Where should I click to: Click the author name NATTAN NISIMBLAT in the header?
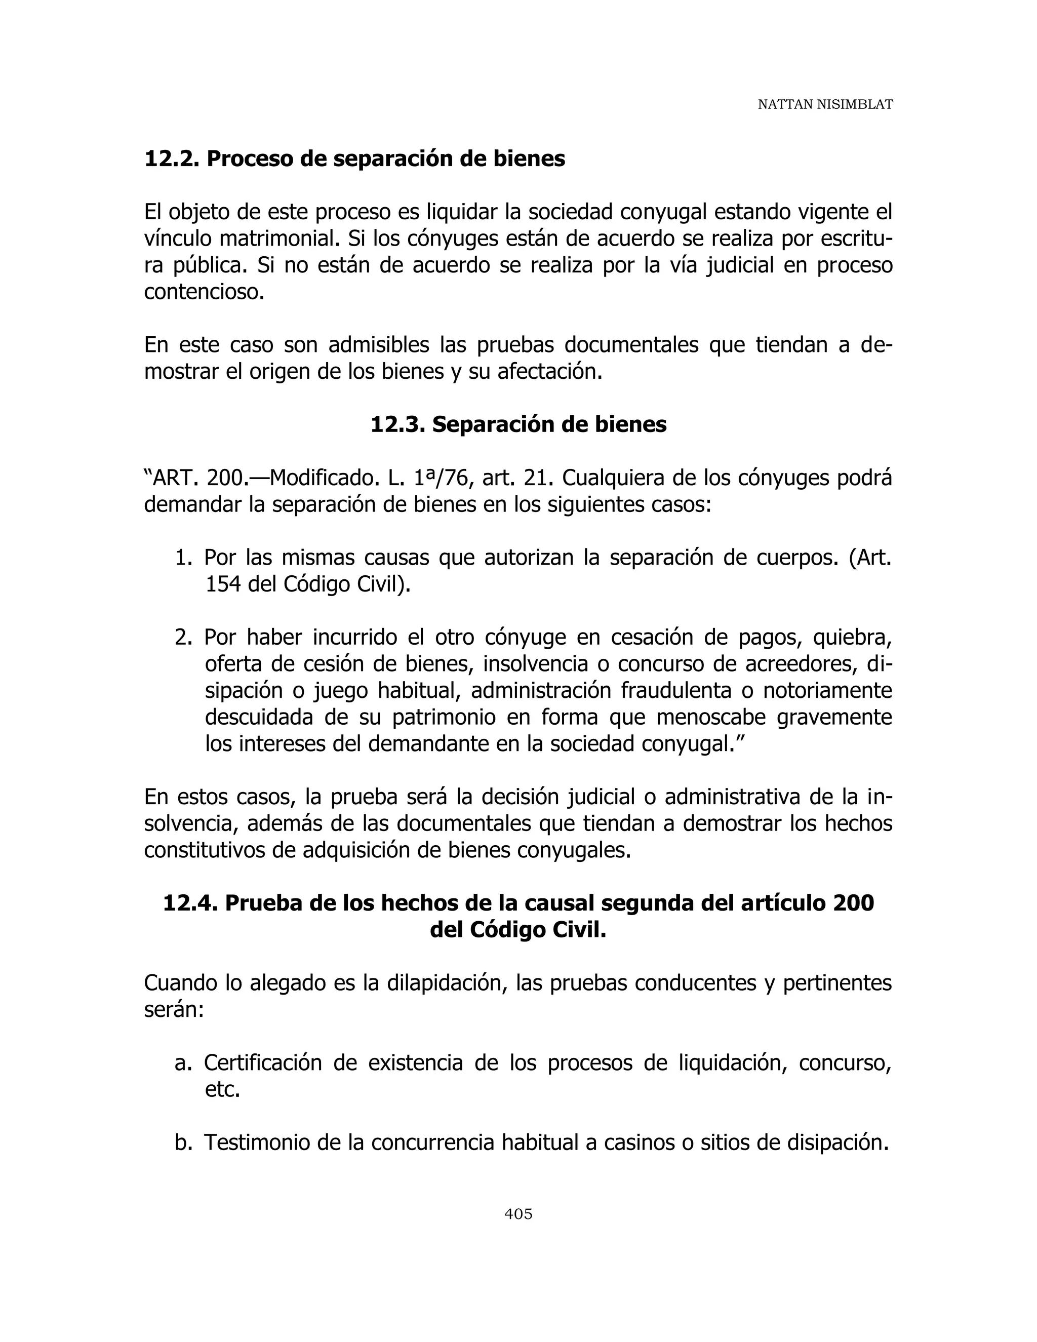(x=824, y=105)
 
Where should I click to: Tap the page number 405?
(x=518, y=1213)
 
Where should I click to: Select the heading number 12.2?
(x=172, y=159)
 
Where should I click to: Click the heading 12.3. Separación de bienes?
(x=518, y=424)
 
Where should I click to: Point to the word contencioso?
(x=204, y=292)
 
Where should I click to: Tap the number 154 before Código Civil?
(x=222, y=584)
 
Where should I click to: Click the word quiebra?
(x=852, y=637)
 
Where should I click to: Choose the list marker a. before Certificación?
(x=183, y=1063)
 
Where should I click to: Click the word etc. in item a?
(x=222, y=1089)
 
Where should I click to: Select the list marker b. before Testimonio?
(x=183, y=1143)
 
